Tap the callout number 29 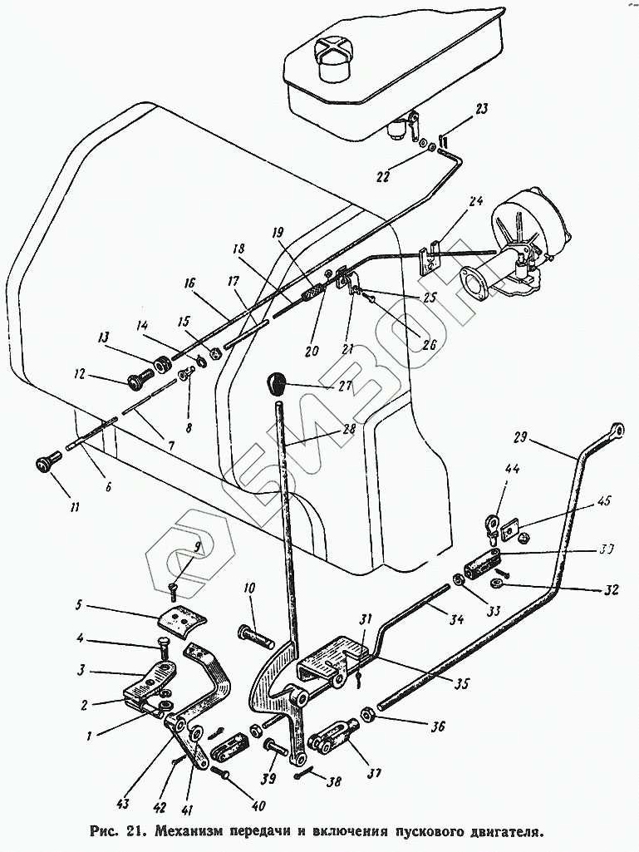pyautogui.click(x=520, y=437)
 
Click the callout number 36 pyautogui.click(x=437, y=726)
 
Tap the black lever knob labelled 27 pyautogui.click(x=277, y=384)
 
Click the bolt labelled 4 pyautogui.click(x=164, y=648)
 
